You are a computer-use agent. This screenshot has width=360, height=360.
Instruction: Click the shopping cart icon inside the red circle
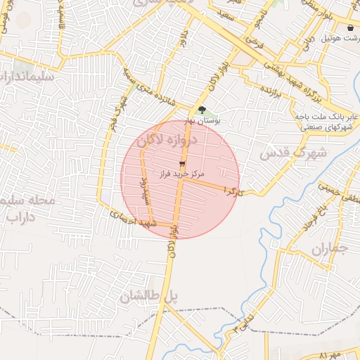pos(173,163)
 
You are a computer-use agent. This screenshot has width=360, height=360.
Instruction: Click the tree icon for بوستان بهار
pos(202,109)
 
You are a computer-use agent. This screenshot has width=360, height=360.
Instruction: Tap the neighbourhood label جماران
pos(329,250)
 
